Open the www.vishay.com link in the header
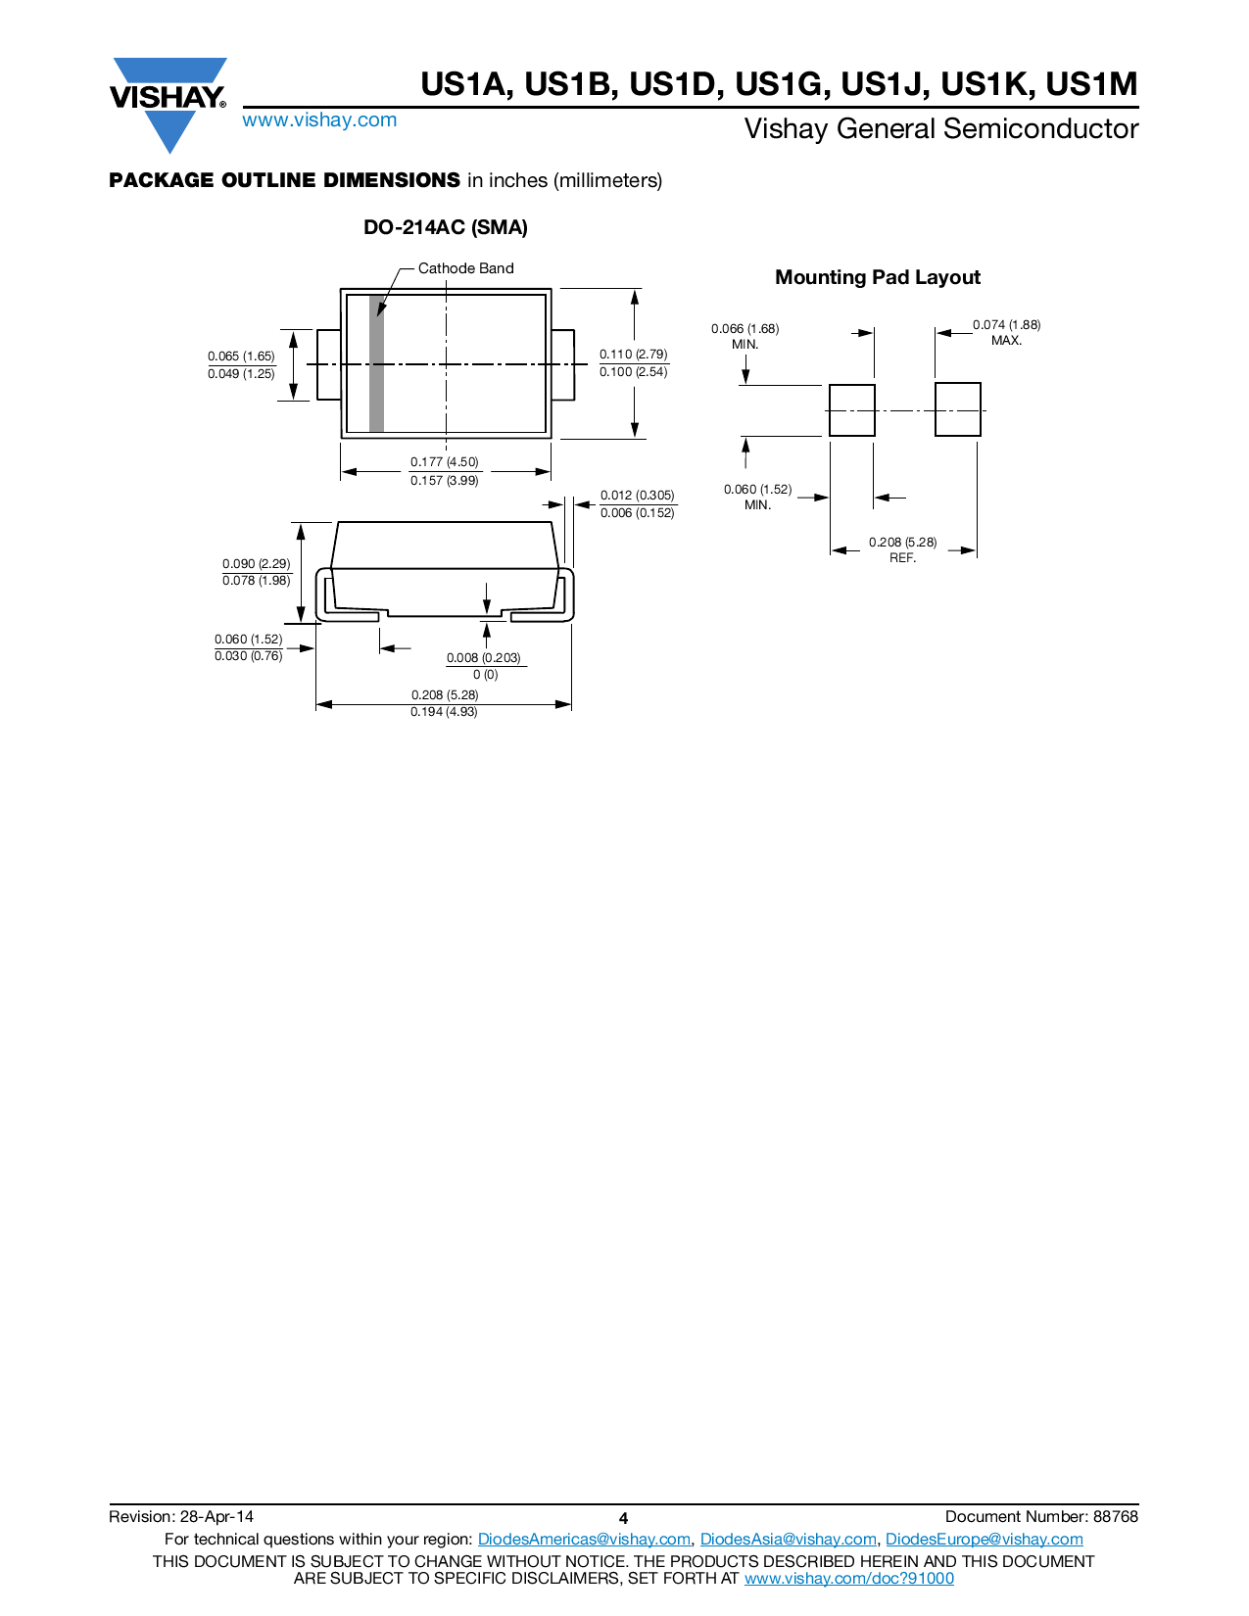(x=319, y=120)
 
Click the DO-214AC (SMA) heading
(x=445, y=227)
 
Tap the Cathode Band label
(x=465, y=268)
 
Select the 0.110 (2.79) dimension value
(x=634, y=355)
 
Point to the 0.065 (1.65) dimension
(x=241, y=356)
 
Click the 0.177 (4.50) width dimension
(x=445, y=462)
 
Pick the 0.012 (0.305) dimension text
(x=637, y=496)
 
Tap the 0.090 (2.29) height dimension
(x=257, y=564)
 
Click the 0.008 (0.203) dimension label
(x=484, y=658)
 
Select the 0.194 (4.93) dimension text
(x=444, y=712)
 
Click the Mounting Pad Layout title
(x=877, y=277)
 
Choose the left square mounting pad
(x=851, y=410)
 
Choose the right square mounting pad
(x=957, y=409)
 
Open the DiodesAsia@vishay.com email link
(x=788, y=1540)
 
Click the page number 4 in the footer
(x=623, y=1519)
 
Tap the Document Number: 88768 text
(x=1041, y=1517)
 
